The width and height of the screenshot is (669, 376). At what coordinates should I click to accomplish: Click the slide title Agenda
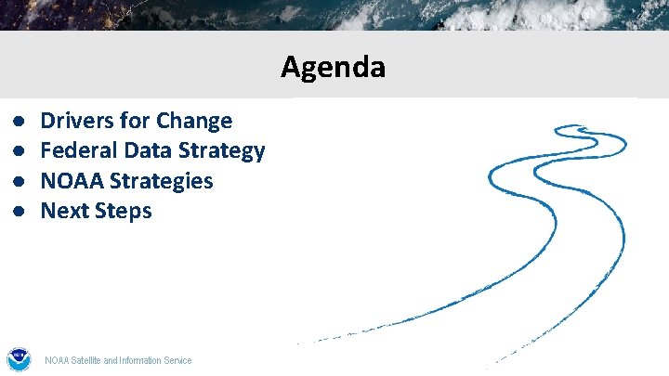333,67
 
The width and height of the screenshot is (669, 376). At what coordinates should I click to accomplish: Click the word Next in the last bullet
64,211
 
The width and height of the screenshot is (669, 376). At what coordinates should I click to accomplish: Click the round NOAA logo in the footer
18,359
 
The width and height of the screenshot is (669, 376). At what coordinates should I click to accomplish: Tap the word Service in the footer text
177,360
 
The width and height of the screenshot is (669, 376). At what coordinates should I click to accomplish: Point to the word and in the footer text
111,360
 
